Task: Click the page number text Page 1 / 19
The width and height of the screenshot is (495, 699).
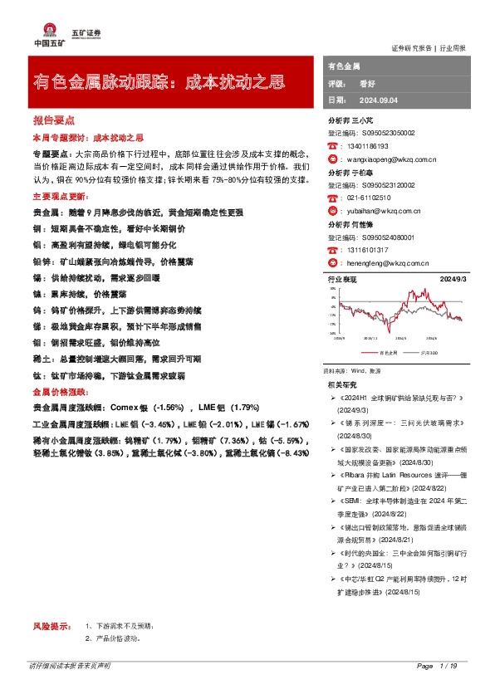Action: (x=437, y=667)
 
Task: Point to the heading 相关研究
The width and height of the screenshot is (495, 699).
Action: (x=342, y=384)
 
